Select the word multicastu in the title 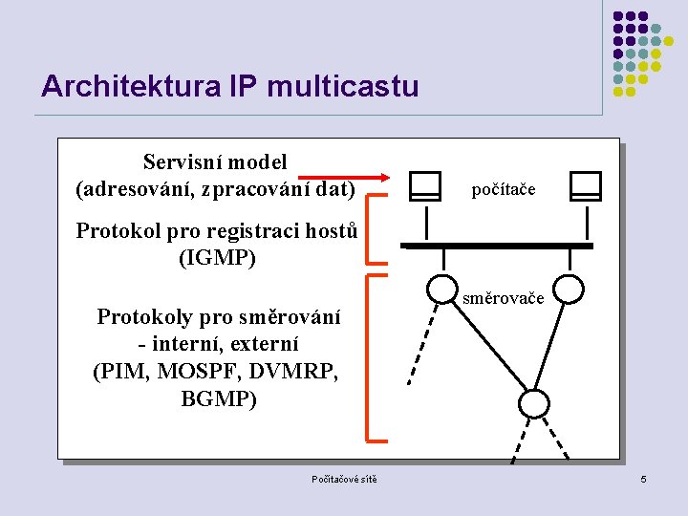point(344,87)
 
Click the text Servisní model point(215,162)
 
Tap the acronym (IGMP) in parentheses point(217,258)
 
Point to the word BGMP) point(219,398)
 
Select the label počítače point(504,190)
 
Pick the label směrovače point(504,299)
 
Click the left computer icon point(425,185)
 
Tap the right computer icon point(584,185)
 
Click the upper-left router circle point(441,289)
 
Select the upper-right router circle point(570,289)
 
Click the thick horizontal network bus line point(497,246)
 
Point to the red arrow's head point(384,177)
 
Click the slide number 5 point(644,479)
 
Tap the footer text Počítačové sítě point(344,479)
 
